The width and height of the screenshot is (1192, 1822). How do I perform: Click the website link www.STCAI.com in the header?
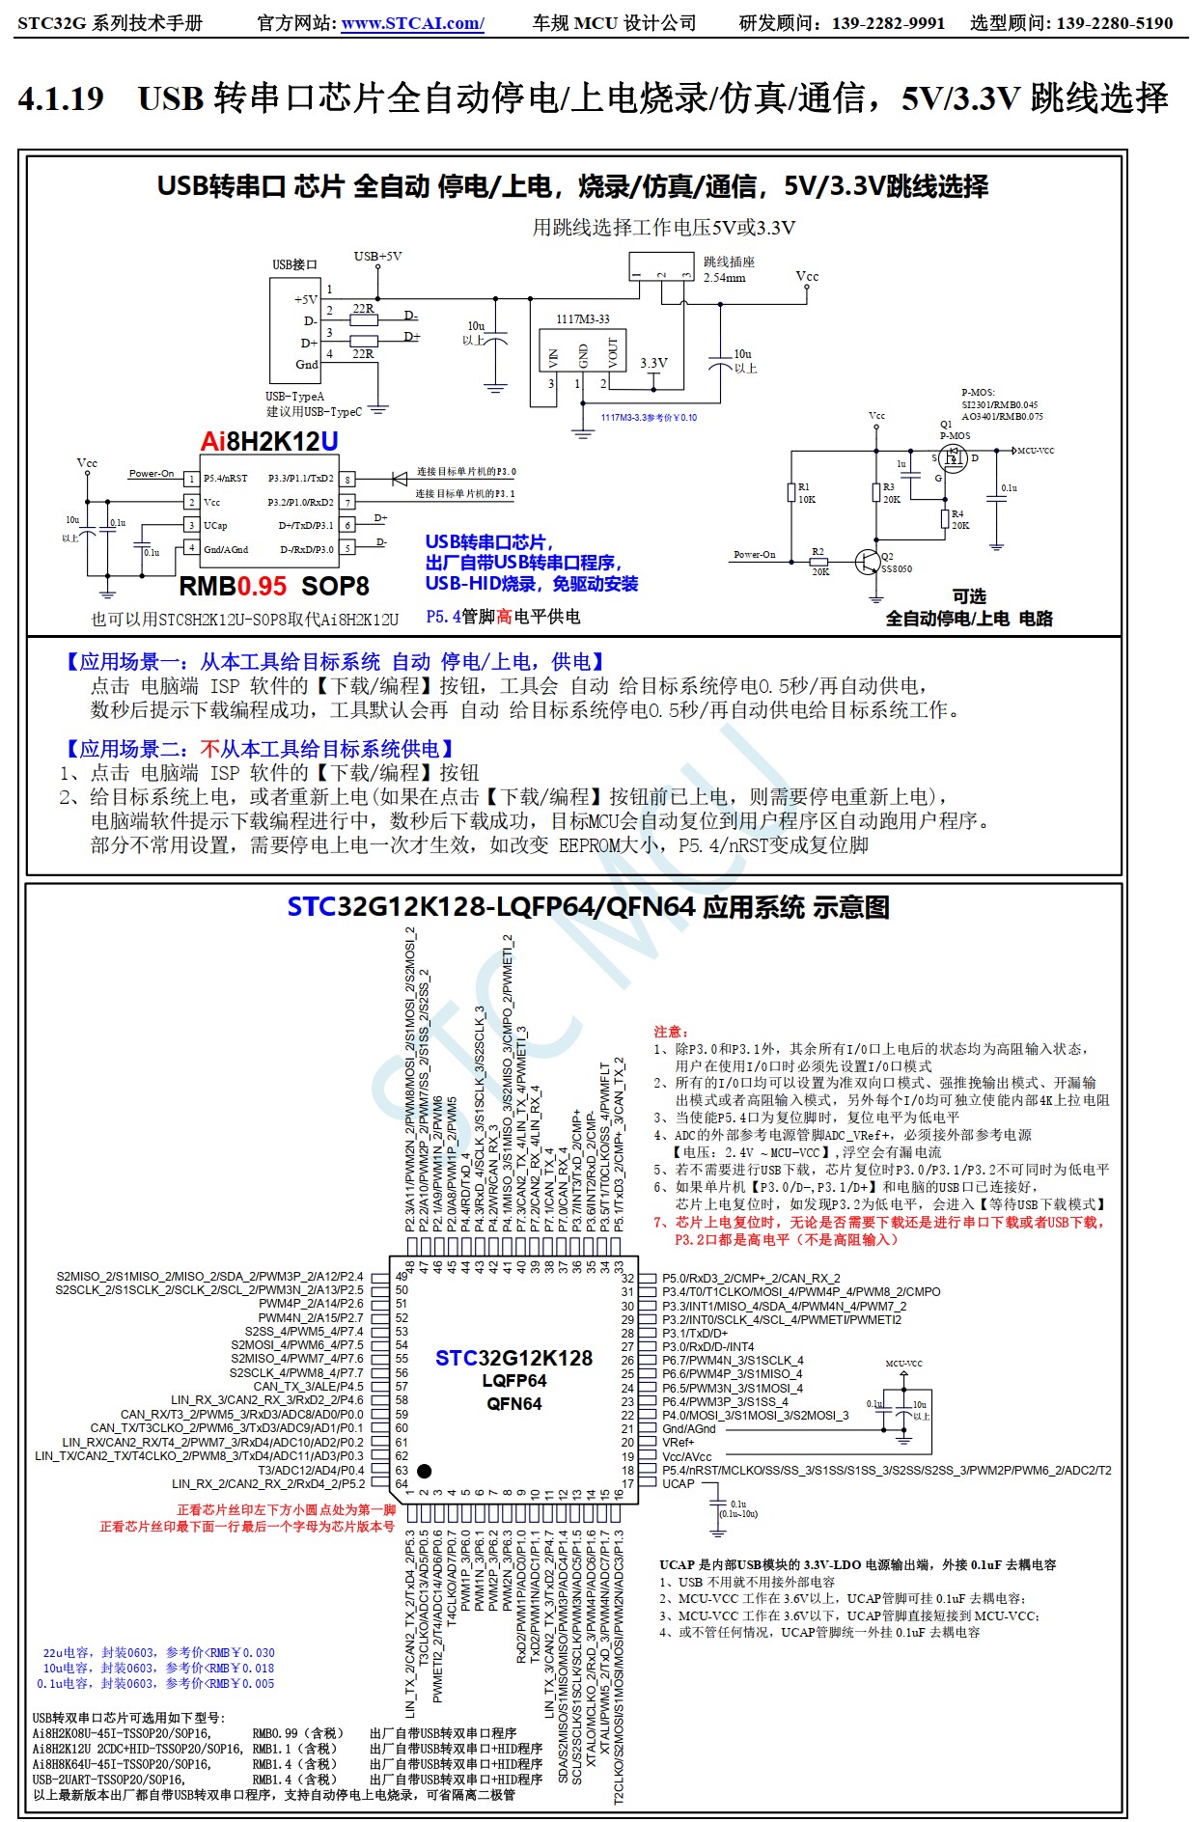[x=412, y=23]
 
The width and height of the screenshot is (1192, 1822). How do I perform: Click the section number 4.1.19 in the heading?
[x=61, y=98]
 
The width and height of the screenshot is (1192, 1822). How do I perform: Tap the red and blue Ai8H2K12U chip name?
[x=269, y=441]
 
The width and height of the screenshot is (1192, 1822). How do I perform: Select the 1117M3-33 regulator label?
[x=582, y=319]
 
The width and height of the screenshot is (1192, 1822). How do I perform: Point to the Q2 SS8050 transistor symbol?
[x=868, y=562]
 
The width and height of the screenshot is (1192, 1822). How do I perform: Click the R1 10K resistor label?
[x=806, y=493]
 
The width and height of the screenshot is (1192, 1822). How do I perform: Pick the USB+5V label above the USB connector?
[x=377, y=257]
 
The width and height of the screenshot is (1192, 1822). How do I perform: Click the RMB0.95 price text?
[x=233, y=586]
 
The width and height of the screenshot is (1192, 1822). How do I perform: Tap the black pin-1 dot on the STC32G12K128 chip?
[x=424, y=1471]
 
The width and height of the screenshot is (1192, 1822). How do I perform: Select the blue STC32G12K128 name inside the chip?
[x=513, y=1358]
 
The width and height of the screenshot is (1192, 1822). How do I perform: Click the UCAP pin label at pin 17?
[x=678, y=1483]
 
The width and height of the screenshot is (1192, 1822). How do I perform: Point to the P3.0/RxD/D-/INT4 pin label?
[x=708, y=1346]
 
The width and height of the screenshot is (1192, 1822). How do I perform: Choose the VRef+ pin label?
[x=678, y=1442]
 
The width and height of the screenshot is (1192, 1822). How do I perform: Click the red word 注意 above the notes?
[x=671, y=1032]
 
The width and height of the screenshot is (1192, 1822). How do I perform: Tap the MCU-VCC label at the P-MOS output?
[x=1036, y=451]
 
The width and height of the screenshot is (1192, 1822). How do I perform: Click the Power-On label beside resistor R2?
[x=754, y=555]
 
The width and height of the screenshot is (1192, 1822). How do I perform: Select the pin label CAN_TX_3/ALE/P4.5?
[x=308, y=1386]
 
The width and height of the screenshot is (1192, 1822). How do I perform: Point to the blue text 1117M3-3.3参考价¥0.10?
[x=649, y=418]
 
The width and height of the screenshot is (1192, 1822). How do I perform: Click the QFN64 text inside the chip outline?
[x=513, y=1404]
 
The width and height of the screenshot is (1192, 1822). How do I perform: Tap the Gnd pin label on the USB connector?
[x=306, y=365]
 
